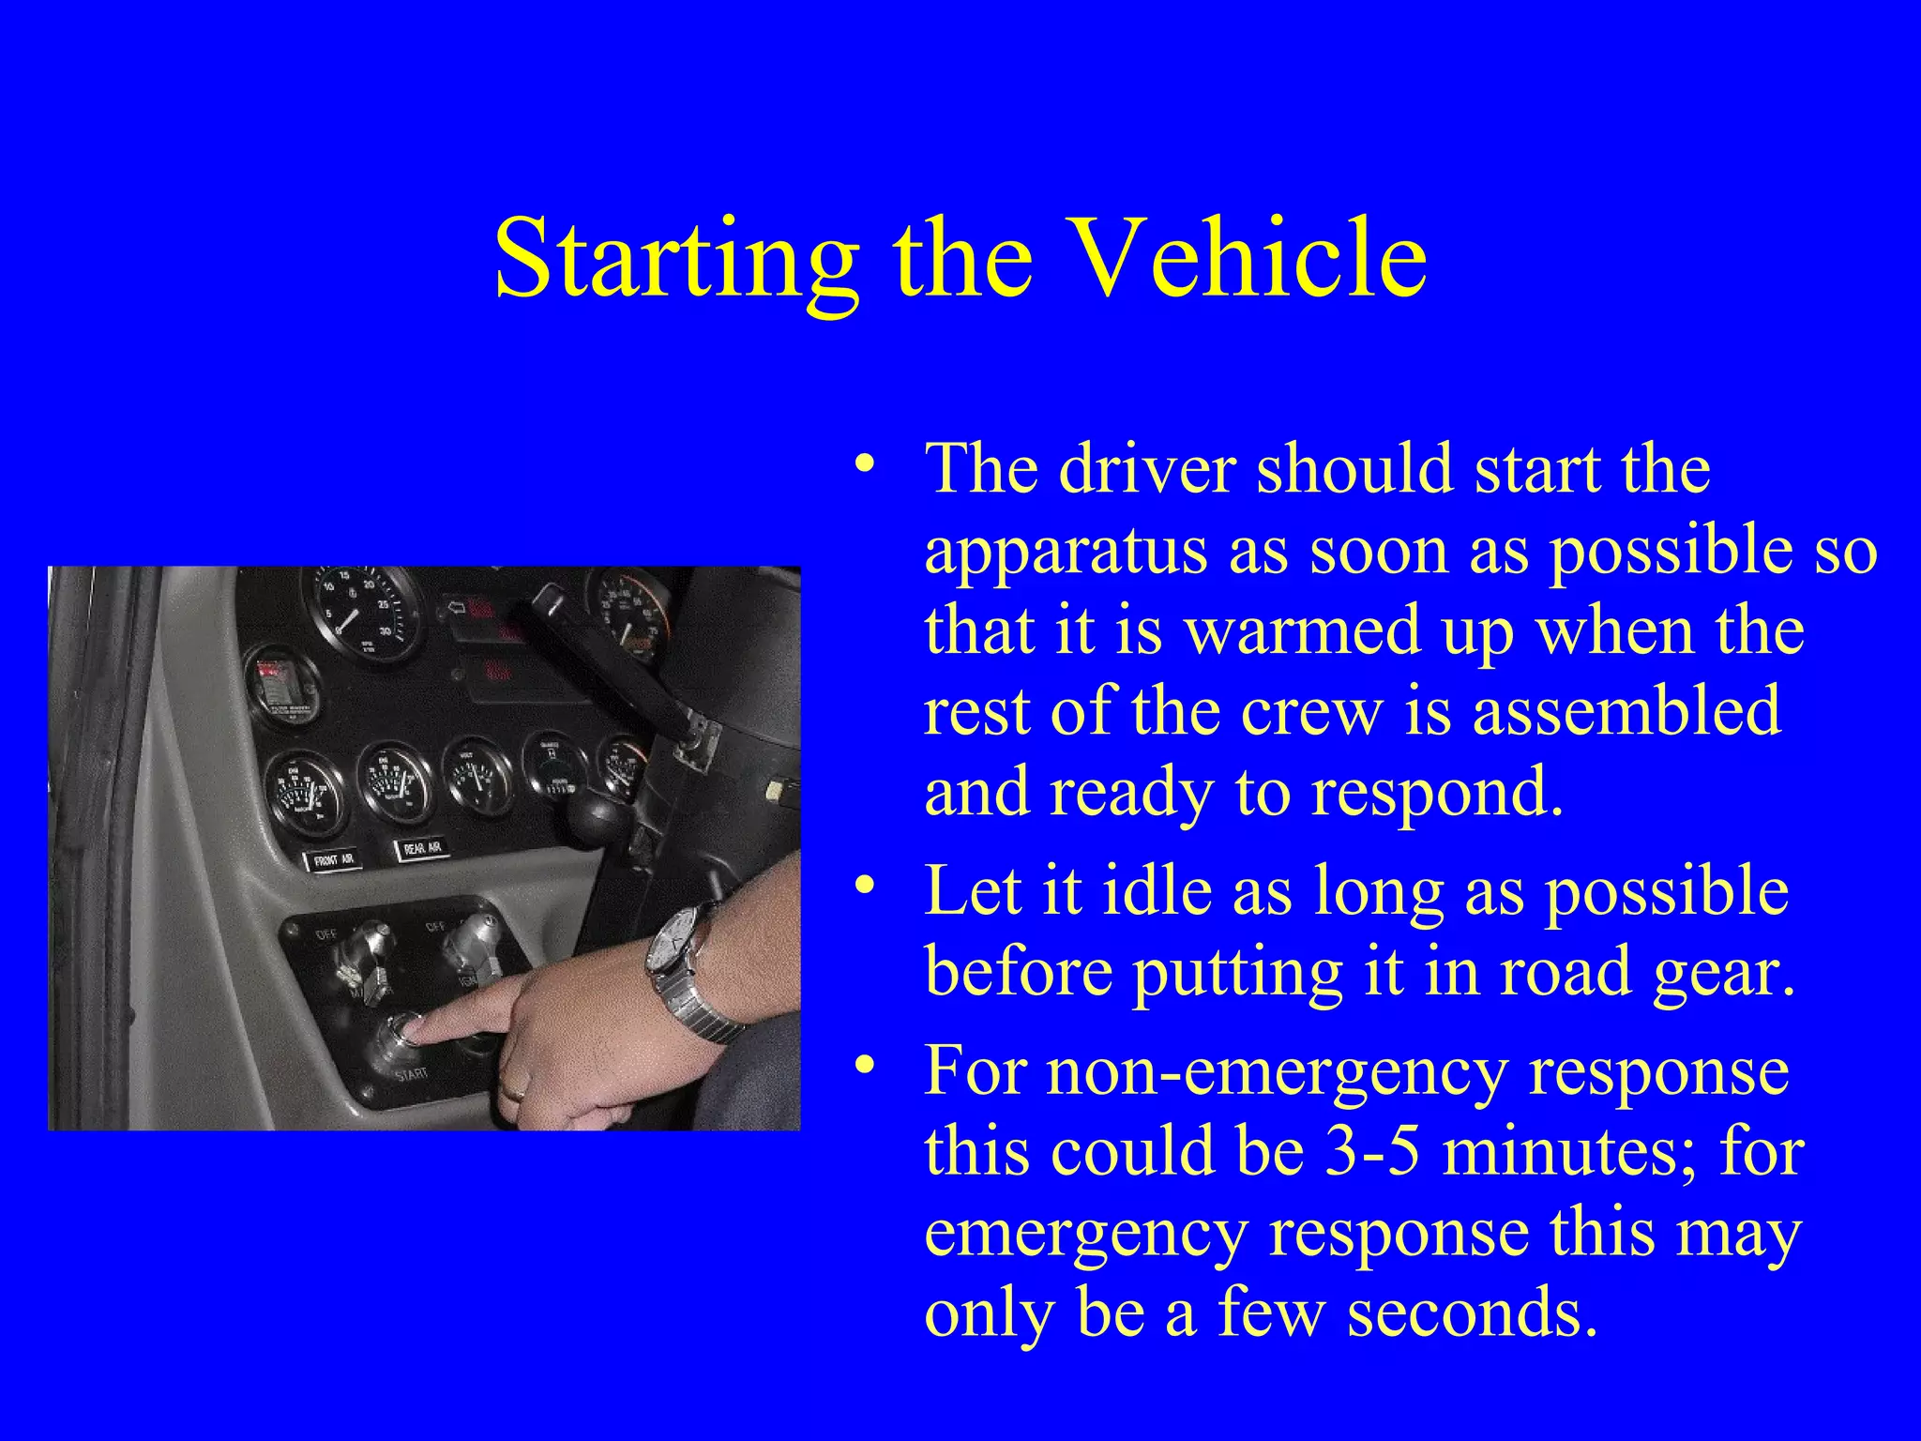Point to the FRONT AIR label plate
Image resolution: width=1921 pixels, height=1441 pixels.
[x=335, y=858]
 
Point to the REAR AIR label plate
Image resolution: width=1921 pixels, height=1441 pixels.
[x=422, y=850]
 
